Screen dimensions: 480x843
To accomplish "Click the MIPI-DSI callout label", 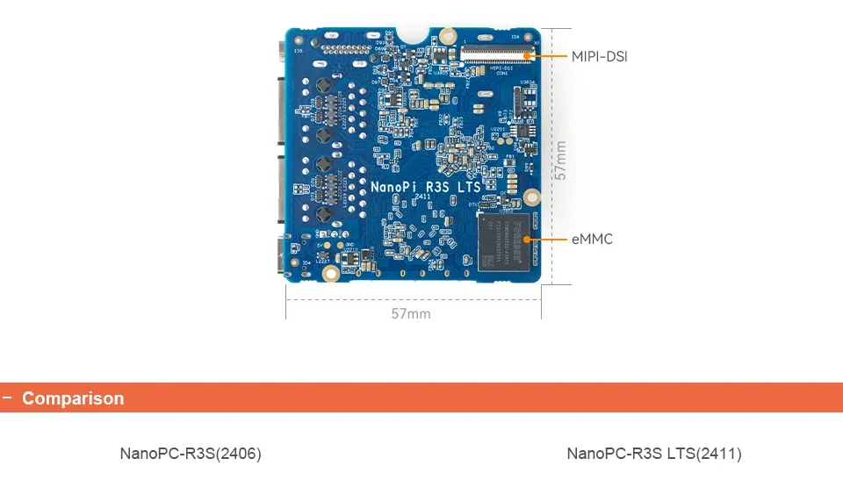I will [600, 57].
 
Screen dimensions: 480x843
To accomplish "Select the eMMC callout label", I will [593, 239].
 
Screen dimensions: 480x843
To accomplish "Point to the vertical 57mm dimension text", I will [561, 161].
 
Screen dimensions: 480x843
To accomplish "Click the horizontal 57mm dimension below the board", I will [411, 313].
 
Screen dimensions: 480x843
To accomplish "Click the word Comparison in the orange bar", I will [73, 398].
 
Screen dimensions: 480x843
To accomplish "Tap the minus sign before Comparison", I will [7, 398].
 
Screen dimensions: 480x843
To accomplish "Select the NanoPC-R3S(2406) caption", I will [191, 454].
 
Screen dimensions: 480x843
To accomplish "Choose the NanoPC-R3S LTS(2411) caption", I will [654, 454].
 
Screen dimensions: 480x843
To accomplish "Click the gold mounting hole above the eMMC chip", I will [530, 198].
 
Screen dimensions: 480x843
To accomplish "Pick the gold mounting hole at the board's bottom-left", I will [331, 274].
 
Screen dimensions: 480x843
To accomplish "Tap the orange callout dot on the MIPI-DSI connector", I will [527, 56].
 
